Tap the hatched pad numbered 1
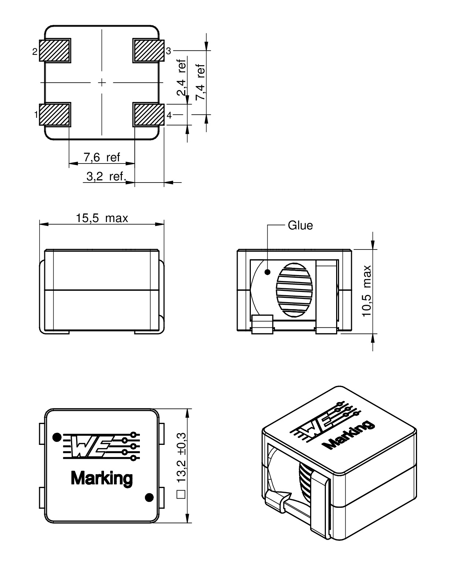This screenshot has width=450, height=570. (55, 115)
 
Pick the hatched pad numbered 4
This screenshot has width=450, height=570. (149, 115)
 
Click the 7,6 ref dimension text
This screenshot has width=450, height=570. (102, 157)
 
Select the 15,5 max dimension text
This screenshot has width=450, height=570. (102, 218)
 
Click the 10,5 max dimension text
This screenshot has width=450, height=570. (367, 291)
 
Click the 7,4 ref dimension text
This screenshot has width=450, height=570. (200, 82)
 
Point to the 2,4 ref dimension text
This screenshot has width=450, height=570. (182, 77)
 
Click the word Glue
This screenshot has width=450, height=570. (300, 226)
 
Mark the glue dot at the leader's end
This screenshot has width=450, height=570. (268, 272)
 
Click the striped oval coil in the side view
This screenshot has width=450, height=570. (294, 290)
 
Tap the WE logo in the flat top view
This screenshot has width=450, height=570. (101, 446)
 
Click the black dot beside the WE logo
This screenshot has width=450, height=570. (57, 437)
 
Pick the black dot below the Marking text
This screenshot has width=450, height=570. (149, 497)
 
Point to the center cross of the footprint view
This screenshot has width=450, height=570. (102, 83)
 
